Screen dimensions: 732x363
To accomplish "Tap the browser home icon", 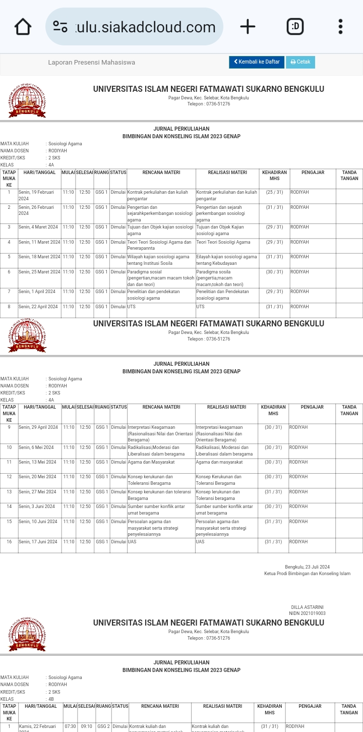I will pyautogui.click(x=23, y=27).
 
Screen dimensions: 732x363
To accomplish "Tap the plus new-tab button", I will pyautogui.click(x=248, y=27).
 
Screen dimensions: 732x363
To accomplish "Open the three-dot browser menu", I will pyautogui.click(x=340, y=27).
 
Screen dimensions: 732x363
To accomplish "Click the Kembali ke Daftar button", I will pyautogui.click(x=257, y=62).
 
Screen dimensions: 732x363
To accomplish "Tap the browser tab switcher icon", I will pyautogui.click(x=295, y=27).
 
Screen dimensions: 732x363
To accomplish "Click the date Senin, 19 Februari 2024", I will pyautogui.click(x=36, y=195).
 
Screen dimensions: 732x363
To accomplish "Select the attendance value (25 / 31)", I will pyautogui.click(x=274, y=192).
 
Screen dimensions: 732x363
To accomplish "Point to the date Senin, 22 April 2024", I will pyautogui.click(x=38, y=307).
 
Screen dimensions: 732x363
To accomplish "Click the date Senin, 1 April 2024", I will pyautogui.click(x=37, y=292).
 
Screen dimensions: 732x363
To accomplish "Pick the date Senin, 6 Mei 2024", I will pyautogui.click(x=36, y=447).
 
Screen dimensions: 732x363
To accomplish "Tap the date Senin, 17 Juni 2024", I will pyautogui.click(x=38, y=542).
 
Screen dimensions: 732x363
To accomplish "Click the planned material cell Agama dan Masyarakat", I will pyautogui.click(x=151, y=462).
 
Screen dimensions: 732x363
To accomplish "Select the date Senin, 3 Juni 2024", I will pyautogui.click(x=37, y=506).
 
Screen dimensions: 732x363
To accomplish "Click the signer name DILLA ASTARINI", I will pyautogui.click(x=307, y=607).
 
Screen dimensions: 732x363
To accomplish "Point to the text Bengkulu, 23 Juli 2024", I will pyautogui.click(x=307, y=567).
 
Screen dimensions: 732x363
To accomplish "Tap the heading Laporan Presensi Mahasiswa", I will pyautogui.click(x=91, y=63).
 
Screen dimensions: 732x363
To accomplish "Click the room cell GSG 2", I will pyautogui.click(x=103, y=726).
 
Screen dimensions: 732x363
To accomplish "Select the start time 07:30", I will pyautogui.click(x=70, y=726).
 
